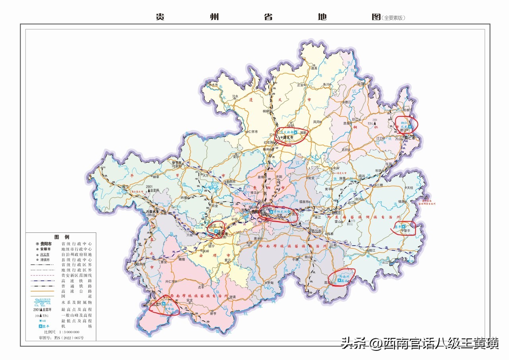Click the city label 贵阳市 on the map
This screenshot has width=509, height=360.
[256, 212]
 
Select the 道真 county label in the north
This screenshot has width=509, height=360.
[314, 68]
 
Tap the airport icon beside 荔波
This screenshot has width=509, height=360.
[339, 281]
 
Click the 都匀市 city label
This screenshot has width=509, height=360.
[317, 231]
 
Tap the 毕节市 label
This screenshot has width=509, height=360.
[177, 163]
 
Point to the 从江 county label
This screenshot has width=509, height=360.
[385, 262]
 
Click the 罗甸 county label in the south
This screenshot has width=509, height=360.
[270, 283]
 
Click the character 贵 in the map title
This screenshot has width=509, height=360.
[160, 17]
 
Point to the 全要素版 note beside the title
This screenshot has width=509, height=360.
[394, 18]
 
